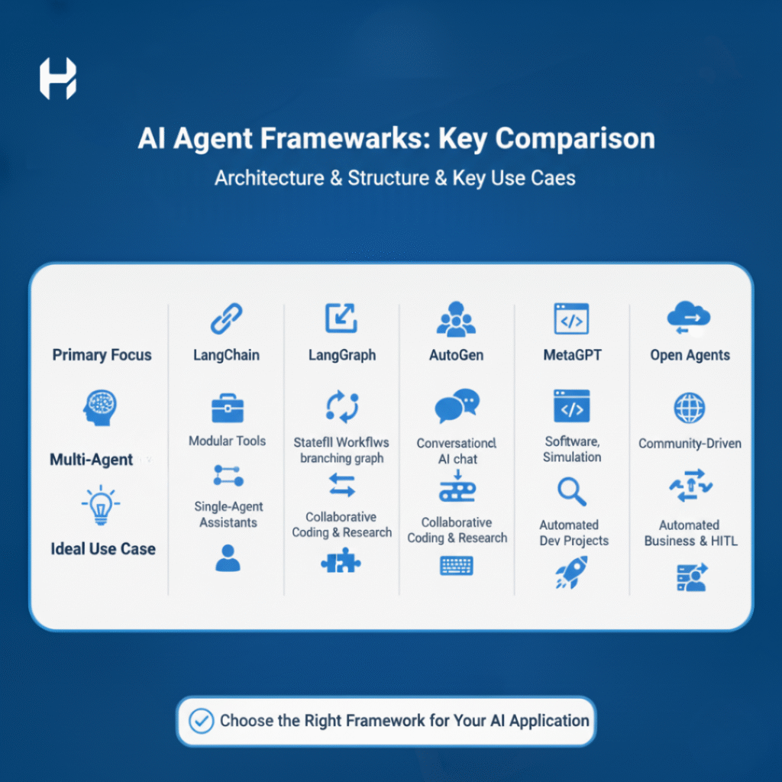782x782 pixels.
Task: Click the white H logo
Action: point(58,79)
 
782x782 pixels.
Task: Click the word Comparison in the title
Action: point(575,139)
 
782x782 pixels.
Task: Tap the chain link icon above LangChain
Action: point(226,318)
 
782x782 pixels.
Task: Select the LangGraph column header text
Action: point(342,355)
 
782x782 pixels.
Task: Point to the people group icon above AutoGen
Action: point(457,318)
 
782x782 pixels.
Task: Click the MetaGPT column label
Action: point(573,355)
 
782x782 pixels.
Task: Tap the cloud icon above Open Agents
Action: point(690,317)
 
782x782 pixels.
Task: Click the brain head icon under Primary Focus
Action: point(100,408)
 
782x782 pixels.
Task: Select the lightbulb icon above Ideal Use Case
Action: point(101,506)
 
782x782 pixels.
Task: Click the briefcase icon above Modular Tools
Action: point(228,409)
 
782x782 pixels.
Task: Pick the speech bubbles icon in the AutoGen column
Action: point(457,406)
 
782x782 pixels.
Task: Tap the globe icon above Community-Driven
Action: point(690,408)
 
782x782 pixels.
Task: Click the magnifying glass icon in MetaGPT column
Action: point(572,491)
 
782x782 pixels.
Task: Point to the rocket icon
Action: point(571,573)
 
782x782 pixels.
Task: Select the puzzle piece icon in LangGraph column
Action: point(341,561)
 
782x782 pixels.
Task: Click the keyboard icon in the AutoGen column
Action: point(457,566)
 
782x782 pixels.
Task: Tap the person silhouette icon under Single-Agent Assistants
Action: point(228,558)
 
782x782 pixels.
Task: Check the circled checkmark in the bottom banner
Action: point(202,721)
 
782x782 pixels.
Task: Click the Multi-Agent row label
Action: point(92,459)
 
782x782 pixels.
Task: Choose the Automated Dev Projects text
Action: point(574,532)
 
